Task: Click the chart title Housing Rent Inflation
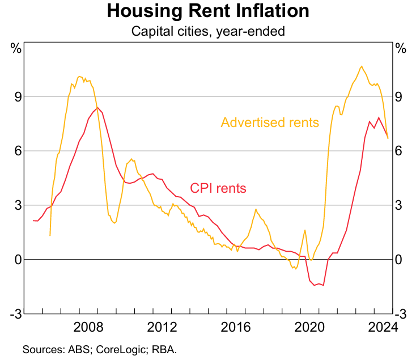(208, 11)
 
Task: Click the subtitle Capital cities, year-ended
(208, 31)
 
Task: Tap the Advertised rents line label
(270, 122)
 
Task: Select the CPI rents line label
(218, 188)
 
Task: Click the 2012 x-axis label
(162, 327)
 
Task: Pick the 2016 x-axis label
(236, 327)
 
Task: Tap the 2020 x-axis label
(311, 327)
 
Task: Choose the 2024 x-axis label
(382, 327)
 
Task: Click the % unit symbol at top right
(401, 48)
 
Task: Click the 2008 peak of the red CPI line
(97, 107)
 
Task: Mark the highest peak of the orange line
(361, 66)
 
